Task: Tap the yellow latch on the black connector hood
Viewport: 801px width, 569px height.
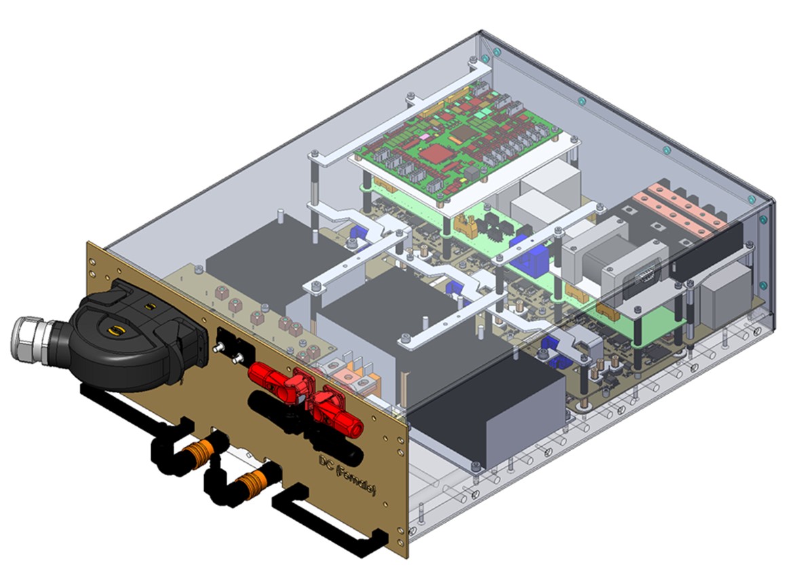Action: [120, 331]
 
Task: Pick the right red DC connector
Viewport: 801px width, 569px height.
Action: [337, 416]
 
